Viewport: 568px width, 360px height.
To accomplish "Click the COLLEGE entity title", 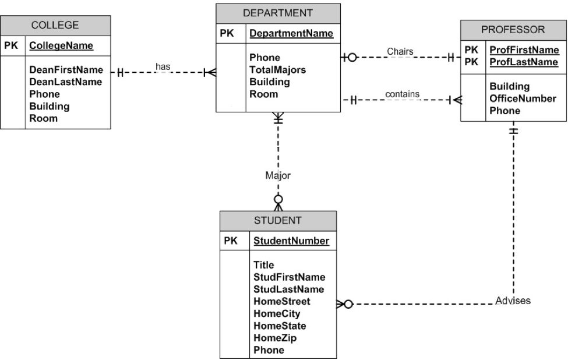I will click(55, 25).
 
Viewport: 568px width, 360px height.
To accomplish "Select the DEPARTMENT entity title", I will click(278, 13).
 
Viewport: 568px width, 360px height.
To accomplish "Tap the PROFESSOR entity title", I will click(513, 29).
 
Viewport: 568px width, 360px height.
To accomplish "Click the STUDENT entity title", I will click(277, 220).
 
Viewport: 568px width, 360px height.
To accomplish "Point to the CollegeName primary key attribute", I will click(61, 45).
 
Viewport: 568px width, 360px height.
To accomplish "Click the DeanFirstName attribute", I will click(66, 70).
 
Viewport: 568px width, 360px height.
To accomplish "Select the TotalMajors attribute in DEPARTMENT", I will click(278, 70).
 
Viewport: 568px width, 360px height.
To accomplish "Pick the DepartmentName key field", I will click(291, 34).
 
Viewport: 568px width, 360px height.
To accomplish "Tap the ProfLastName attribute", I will click(524, 62).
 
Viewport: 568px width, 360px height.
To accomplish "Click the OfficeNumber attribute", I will click(523, 98).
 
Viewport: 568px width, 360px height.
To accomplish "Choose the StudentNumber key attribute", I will click(291, 241).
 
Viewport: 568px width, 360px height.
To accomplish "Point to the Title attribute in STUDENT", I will click(263, 264).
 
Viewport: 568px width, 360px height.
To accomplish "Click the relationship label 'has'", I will click(163, 67).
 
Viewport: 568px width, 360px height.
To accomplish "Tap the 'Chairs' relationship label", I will click(400, 51).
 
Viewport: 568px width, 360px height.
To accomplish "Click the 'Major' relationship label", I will click(278, 174).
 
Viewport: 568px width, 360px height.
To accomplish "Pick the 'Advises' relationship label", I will click(513, 301).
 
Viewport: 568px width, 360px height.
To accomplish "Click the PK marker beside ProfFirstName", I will click(471, 50).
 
